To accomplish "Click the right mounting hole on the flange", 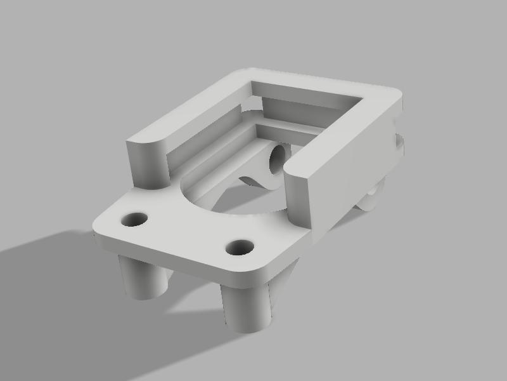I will click(240, 247).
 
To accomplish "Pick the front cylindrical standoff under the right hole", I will click(247, 308).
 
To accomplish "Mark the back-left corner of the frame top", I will click(244, 73).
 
